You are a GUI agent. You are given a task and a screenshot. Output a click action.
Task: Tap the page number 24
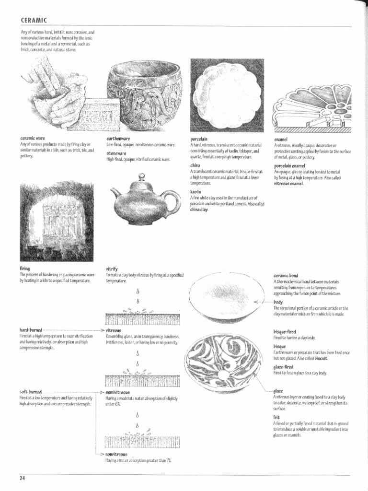23,478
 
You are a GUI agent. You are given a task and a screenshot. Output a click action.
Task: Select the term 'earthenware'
119,139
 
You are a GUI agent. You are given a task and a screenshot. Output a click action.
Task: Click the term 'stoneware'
116,153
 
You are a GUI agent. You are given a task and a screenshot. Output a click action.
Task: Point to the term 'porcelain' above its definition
198,139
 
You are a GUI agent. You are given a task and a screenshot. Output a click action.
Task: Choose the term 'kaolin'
195,191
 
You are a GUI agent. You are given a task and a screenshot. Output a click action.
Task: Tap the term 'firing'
24,269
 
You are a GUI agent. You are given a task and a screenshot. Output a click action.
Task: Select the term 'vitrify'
111,269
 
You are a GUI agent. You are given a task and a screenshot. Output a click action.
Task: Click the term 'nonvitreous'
116,454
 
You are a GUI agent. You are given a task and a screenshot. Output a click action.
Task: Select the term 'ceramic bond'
287,276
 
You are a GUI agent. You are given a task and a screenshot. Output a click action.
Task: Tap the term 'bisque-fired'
285,332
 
